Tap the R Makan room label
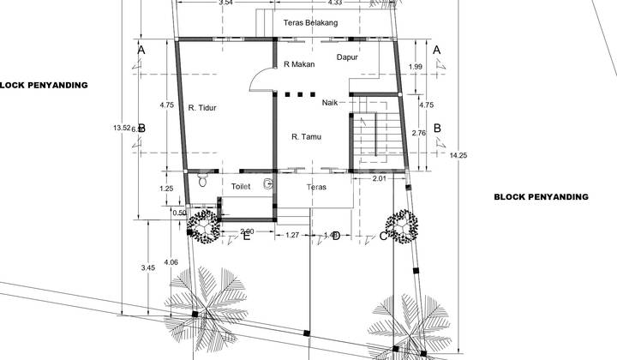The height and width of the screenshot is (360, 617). pos(298,65)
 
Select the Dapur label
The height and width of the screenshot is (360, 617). pos(348,57)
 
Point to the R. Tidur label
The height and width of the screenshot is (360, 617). pos(202,108)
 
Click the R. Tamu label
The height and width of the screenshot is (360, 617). pos(306,135)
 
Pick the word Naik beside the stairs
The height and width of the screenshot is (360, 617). pos(331,103)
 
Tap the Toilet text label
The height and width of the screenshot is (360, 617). pos(242,185)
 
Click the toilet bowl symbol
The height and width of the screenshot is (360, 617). pos(202,181)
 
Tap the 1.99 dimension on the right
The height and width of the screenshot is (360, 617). pos(416,67)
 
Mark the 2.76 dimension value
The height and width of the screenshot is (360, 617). pos(419,133)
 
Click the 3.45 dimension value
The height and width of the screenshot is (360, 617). pos(147,268)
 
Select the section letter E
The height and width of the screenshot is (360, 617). pos(246,237)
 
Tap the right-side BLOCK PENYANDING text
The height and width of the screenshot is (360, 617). pos(541,196)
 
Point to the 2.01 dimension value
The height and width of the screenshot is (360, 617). pos(379,179)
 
